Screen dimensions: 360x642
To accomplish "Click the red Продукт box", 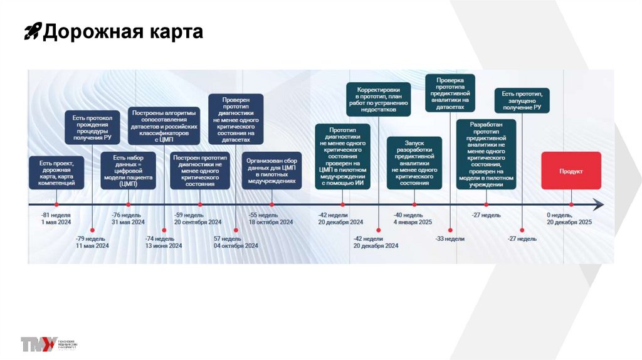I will point(571,171).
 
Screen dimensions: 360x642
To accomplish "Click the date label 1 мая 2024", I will point(56,222).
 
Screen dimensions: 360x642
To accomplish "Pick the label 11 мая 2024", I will point(92,246).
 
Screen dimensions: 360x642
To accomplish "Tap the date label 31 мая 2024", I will point(128,222).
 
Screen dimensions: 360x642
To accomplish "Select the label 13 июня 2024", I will point(164,246).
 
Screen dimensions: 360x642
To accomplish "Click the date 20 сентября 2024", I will point(197,222).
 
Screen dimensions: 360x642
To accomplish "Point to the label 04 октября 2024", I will point(236,246).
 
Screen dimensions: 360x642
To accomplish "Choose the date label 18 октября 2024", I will point(271,222).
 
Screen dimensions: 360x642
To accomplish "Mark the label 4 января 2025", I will point(413,222).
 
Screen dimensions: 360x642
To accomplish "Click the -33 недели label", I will point(450,238).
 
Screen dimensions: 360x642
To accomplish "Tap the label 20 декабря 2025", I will point(569,222).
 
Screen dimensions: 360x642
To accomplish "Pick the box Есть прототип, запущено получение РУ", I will point(522,100).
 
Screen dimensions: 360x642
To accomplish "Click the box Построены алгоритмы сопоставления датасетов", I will point(164,125).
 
